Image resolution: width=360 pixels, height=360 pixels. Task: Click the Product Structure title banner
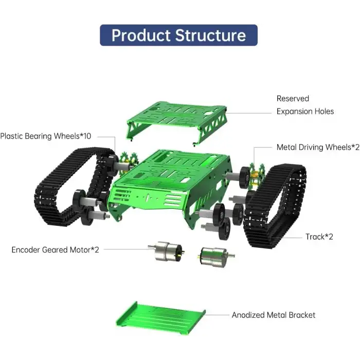point(178,35)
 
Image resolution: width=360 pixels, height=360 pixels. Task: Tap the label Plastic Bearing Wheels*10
point(46,136)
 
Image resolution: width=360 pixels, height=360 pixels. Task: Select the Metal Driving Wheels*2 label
point(318,147)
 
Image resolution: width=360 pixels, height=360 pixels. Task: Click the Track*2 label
point(319,237)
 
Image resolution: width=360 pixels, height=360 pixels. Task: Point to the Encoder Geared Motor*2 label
point(55,249)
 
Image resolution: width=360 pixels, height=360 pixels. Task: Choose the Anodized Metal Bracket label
point(274,315)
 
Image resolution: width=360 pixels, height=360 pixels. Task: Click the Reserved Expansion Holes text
point(305,105)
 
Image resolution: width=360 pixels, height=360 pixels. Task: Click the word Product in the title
point(141,35)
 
